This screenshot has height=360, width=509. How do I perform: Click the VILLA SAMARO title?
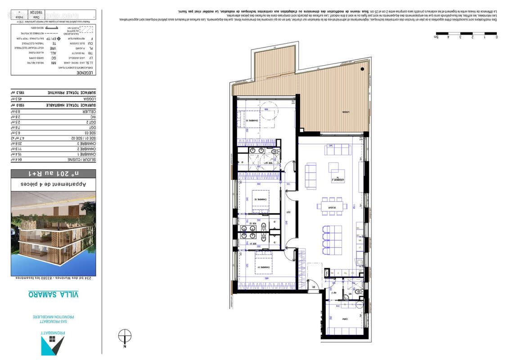(54, 294)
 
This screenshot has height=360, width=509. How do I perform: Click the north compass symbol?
(125, 337)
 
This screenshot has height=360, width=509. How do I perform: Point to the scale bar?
(466, 33)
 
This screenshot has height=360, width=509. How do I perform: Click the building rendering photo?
(54, 233)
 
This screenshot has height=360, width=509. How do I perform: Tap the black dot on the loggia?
(362, 69)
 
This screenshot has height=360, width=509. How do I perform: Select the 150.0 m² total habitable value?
(18, 105)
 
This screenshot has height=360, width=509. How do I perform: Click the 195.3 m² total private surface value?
(18, 92)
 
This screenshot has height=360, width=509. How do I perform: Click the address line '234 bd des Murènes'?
(54, 278)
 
